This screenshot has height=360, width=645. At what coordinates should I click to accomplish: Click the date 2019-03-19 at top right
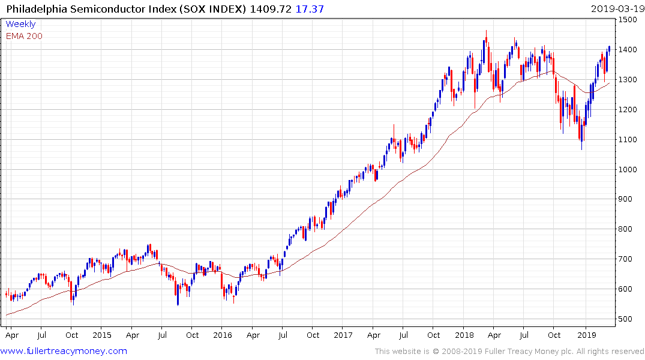click(x=616, y=10)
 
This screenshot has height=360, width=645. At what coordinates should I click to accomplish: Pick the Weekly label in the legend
click(x=20, y=24)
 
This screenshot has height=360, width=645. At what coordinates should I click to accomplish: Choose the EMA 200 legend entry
click(x=24, y=35)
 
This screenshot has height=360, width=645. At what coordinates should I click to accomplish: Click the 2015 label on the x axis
click(x=102, y=335)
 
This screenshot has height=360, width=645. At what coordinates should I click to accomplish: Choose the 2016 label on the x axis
click(x=223, y=335)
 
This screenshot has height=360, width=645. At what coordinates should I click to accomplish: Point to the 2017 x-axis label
click(x=343, y=335)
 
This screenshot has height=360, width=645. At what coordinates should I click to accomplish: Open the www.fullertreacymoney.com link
click(x=64, y=351)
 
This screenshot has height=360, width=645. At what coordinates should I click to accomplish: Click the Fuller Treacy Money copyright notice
click(x=509, y=351)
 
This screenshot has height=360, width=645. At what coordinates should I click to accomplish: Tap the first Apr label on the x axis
click(x=11, y=335)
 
